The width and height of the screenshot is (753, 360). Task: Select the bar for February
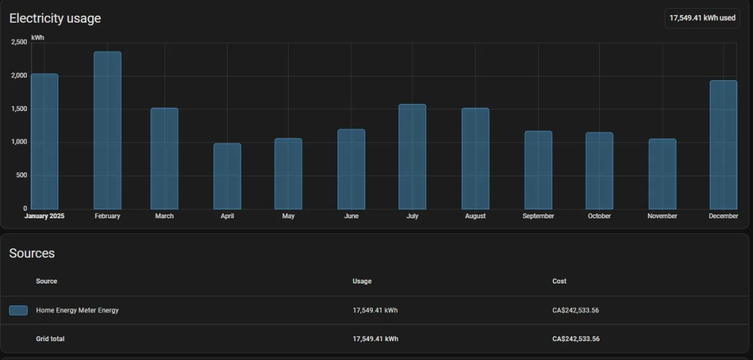coord(107,130)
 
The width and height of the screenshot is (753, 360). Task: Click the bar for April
coord(227,176)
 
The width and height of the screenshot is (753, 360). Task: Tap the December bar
coord(724,145)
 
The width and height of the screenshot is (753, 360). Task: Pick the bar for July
coord(412,157)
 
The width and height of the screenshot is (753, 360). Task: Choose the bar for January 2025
coord(45,142)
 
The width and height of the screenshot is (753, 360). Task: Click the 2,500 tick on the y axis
coord(19,42)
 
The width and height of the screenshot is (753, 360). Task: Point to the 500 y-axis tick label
coord(21,175)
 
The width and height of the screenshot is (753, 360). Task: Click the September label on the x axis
coord(538,216)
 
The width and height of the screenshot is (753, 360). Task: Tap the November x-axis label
coord(662,216)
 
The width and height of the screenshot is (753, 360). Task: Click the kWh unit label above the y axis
coord(38,37)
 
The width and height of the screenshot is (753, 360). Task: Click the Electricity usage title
coord(55,18)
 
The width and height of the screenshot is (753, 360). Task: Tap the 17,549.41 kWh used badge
coord(702,18)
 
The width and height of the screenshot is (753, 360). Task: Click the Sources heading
coord(32,253)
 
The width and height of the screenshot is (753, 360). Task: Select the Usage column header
coord(362,281)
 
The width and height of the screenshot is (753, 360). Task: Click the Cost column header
coord(559,281)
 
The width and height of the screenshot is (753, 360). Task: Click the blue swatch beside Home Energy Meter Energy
coord(18,310)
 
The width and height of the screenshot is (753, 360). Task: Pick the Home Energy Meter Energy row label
coord(77,310)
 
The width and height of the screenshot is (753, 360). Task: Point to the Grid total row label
coord(50,339)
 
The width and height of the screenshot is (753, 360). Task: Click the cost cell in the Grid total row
coord(576,339)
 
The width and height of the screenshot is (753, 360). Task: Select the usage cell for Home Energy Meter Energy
coord(375,310)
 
